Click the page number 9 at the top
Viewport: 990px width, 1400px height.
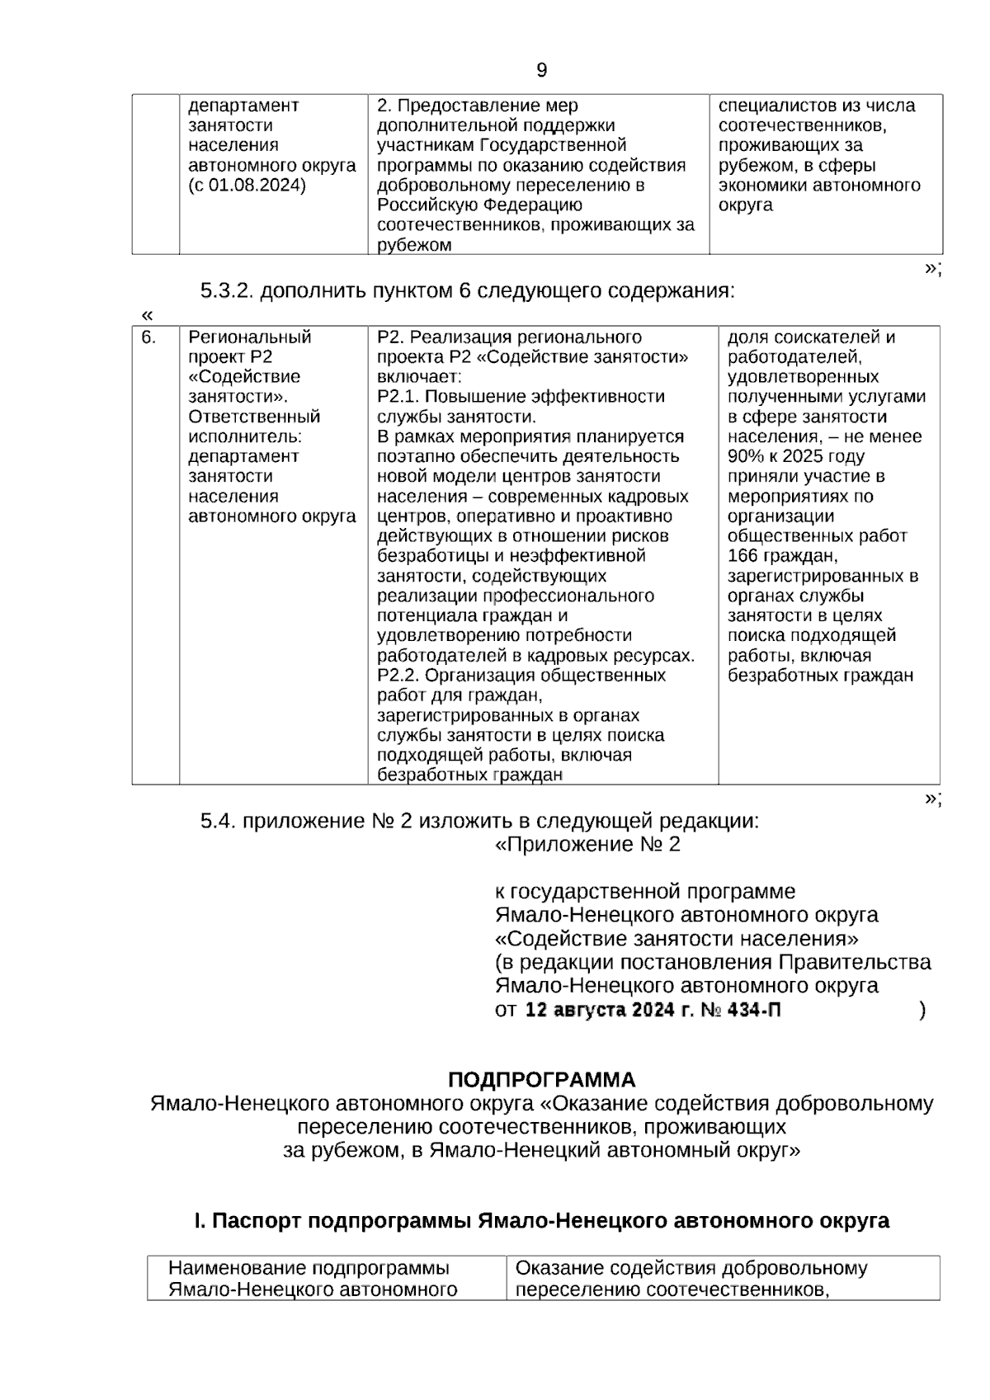541,70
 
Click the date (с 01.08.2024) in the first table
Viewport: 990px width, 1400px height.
247,185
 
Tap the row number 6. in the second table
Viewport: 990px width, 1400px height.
148,337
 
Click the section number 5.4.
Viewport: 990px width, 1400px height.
218,822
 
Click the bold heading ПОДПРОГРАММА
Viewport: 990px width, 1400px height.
541,1080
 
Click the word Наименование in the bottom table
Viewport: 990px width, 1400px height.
229,1268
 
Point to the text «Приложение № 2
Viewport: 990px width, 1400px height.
587,845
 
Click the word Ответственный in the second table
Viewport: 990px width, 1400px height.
254,417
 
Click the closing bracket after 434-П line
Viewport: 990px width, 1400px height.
922,1010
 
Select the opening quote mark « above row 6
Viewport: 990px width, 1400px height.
148,315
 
